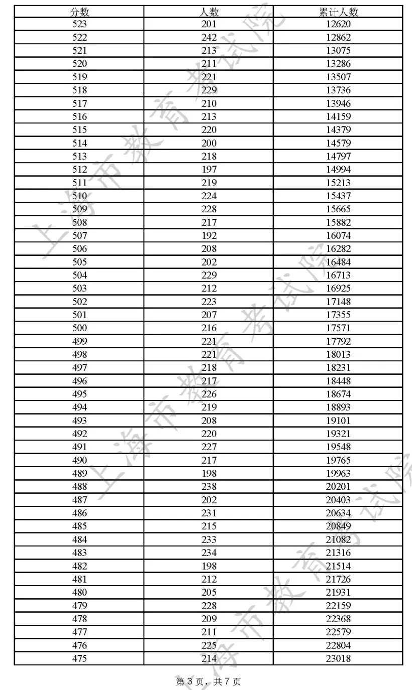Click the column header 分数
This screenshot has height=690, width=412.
click(79, 12)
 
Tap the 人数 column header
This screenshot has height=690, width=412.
click(209, 12)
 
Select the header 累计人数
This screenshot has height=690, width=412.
click(338, 12)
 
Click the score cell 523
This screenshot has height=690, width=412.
click(79, 24)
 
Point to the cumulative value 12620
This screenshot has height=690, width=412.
click(338, 24)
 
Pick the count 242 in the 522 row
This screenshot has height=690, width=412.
click(209, 37)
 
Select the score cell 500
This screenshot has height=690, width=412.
click(79, 328)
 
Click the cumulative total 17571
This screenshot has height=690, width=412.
click(338, 328)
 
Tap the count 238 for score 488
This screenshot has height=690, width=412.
click(209, 487)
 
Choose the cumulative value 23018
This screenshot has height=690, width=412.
click(338, 658)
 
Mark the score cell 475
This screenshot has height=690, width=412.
click(79, 658)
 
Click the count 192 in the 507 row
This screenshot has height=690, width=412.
click(209, 235)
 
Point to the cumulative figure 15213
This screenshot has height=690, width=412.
click(338, 183)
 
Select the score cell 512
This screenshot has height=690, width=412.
click(79, 170)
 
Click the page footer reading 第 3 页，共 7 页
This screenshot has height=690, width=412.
click(209, 681)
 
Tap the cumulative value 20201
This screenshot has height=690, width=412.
click(338, 487)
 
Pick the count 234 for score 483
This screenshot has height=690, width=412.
click(209, 553)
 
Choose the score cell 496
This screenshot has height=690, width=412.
click(79, 381)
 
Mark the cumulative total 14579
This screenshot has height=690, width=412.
click(338, 143)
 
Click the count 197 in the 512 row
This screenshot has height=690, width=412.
click(209, 170)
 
